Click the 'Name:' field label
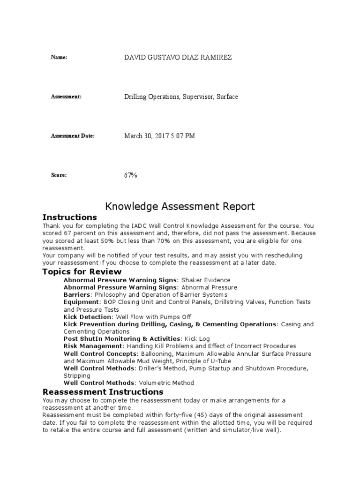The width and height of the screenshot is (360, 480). [x=59, y=57]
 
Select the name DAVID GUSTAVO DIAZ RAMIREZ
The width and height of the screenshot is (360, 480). [x=178, y=57]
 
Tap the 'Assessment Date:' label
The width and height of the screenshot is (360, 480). [x=73, y=136]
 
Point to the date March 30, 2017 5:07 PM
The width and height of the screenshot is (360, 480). [x=159, y=136]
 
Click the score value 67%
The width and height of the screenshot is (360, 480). [x=131, y=175]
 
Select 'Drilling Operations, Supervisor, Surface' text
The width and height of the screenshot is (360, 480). [x=181, y=97]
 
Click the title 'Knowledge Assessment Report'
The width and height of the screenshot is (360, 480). [x=180, y=206]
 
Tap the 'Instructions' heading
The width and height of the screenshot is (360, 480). [x=69, y=217]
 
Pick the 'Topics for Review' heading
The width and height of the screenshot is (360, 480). [x=82, y=272]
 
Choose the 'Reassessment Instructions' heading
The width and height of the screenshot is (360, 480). [x=103, y=392]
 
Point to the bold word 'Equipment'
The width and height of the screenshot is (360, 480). [x=80, y=302]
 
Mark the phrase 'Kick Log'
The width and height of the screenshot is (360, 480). [x=198, y=339]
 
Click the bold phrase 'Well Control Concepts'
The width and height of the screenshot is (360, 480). [x=100, y=353]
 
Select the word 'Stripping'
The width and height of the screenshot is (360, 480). [x=77, y=375]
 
